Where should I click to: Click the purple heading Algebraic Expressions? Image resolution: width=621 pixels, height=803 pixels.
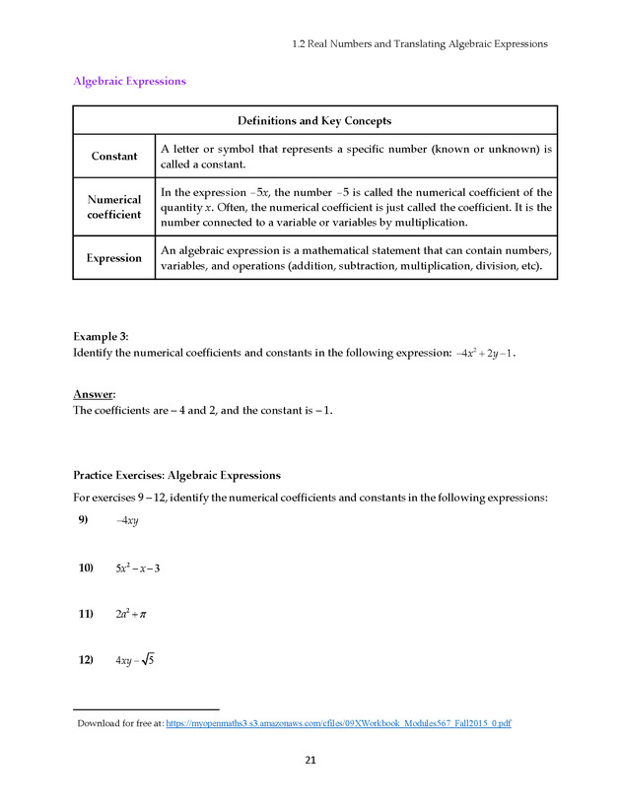(129, 81)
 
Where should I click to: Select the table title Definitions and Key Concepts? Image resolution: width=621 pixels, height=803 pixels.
(314, 121)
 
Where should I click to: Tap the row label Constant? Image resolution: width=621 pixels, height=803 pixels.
(114, 157)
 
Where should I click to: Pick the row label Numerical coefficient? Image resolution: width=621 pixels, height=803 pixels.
(114, 207)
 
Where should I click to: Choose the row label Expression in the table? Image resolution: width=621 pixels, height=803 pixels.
(114, 258)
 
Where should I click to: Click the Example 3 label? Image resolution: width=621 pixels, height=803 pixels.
(102, 336)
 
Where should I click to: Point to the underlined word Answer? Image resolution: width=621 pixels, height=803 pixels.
(95, 394)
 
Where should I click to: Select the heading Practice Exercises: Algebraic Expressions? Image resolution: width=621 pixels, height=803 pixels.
(177, 475)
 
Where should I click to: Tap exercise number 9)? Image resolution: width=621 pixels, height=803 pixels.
(84, 520)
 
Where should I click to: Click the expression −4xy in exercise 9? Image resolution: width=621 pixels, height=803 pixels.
(127, 521)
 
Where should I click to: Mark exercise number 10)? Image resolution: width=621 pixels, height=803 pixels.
(86, 568)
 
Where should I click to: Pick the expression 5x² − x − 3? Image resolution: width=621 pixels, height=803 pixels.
(137, 568)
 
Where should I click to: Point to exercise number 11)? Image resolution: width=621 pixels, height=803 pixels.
(86, 614)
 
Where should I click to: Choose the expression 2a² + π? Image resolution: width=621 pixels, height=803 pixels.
(131, 614)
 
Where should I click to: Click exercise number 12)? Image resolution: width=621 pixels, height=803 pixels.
(86, 660)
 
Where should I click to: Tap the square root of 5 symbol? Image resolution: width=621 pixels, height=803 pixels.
(148, 659)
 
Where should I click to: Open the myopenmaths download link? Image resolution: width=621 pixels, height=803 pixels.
(338, 724)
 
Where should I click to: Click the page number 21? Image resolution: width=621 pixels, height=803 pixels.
(310, 761)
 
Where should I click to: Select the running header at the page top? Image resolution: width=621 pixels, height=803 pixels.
(420, 43)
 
